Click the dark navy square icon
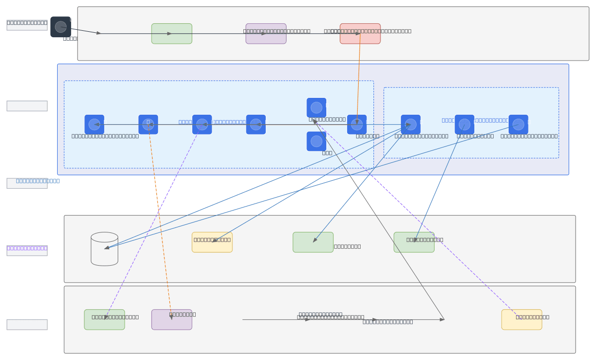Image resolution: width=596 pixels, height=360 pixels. (61, 27)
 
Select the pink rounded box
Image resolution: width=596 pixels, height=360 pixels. (360, 34)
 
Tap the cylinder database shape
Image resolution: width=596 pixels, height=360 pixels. (104, 249)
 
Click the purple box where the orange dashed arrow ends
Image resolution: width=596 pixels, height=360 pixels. (171, 319)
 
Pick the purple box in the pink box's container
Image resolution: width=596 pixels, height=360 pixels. (266, 34)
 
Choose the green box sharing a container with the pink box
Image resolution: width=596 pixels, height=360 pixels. (171, 34)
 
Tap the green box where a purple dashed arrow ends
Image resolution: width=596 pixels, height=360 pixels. (104, 319)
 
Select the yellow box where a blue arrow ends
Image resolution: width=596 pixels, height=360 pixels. (212, 242)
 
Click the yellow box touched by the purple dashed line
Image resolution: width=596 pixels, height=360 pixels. (521, 319)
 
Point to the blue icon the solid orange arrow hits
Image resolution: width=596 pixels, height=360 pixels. (357, 125)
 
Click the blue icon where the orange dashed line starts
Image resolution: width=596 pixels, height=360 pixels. (148, 125)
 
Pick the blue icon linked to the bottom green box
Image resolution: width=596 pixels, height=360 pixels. (202, 125)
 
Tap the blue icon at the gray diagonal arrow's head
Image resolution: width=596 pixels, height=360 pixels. (316, 108)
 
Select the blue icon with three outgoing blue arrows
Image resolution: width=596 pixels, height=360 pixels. (411, 125)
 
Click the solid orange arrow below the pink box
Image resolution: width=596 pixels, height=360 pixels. (358, 79)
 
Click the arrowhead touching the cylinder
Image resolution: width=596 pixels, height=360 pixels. (106, 247)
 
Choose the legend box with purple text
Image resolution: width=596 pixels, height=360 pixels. (27, 251)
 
